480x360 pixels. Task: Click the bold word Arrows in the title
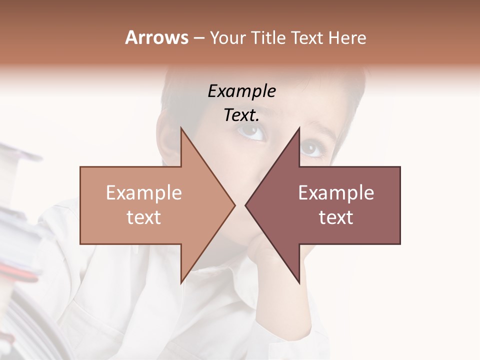156,37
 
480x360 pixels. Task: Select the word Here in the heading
348,38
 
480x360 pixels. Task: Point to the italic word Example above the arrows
242,91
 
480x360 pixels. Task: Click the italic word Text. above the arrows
242,115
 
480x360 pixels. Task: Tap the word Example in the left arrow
144,192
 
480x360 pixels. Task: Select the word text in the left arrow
144,217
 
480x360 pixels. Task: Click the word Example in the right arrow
336,192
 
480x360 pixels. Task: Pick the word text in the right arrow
336,217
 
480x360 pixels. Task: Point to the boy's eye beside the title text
251,131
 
